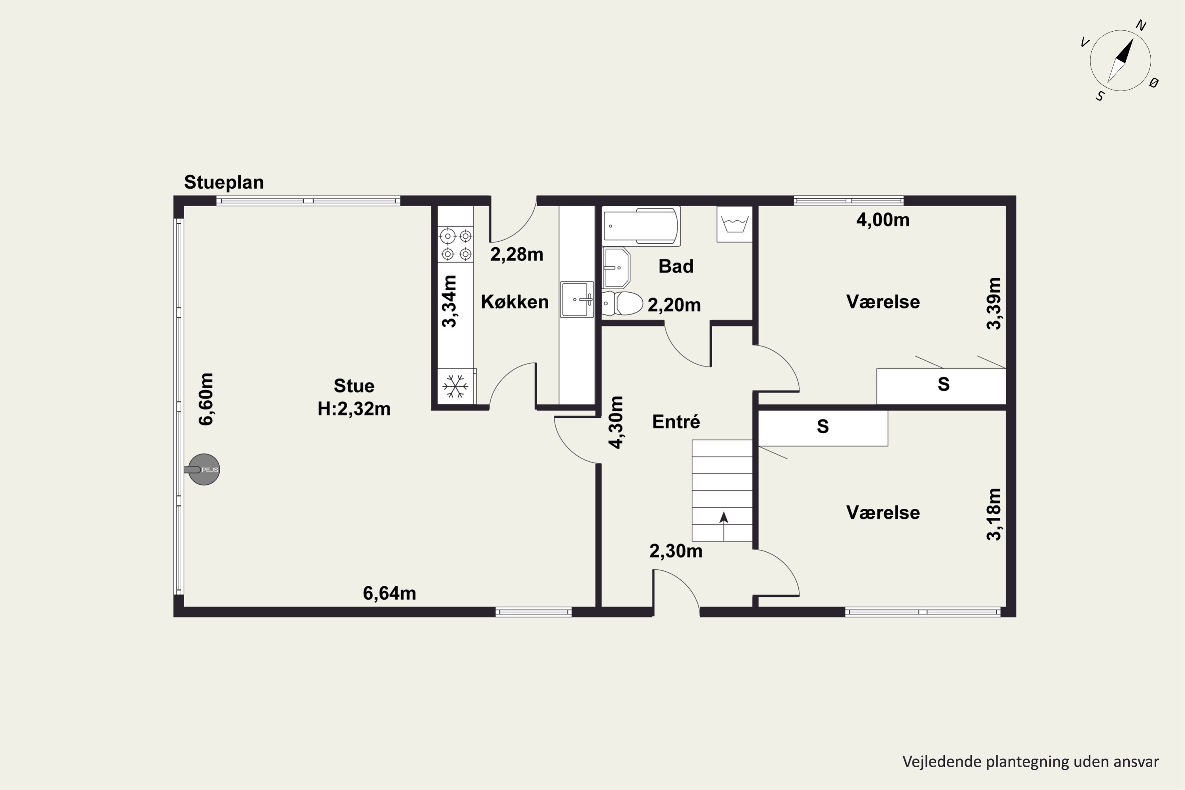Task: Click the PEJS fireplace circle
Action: click(204, 470)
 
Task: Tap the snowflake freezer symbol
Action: click(455, 386)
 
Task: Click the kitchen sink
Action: click(577, 299)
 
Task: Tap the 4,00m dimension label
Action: click(883, 220)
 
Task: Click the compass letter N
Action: click(1141, 26)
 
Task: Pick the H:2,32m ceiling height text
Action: click(354, 408)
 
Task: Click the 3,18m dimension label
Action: click(994, 514)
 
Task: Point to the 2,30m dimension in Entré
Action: click(675, 551)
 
